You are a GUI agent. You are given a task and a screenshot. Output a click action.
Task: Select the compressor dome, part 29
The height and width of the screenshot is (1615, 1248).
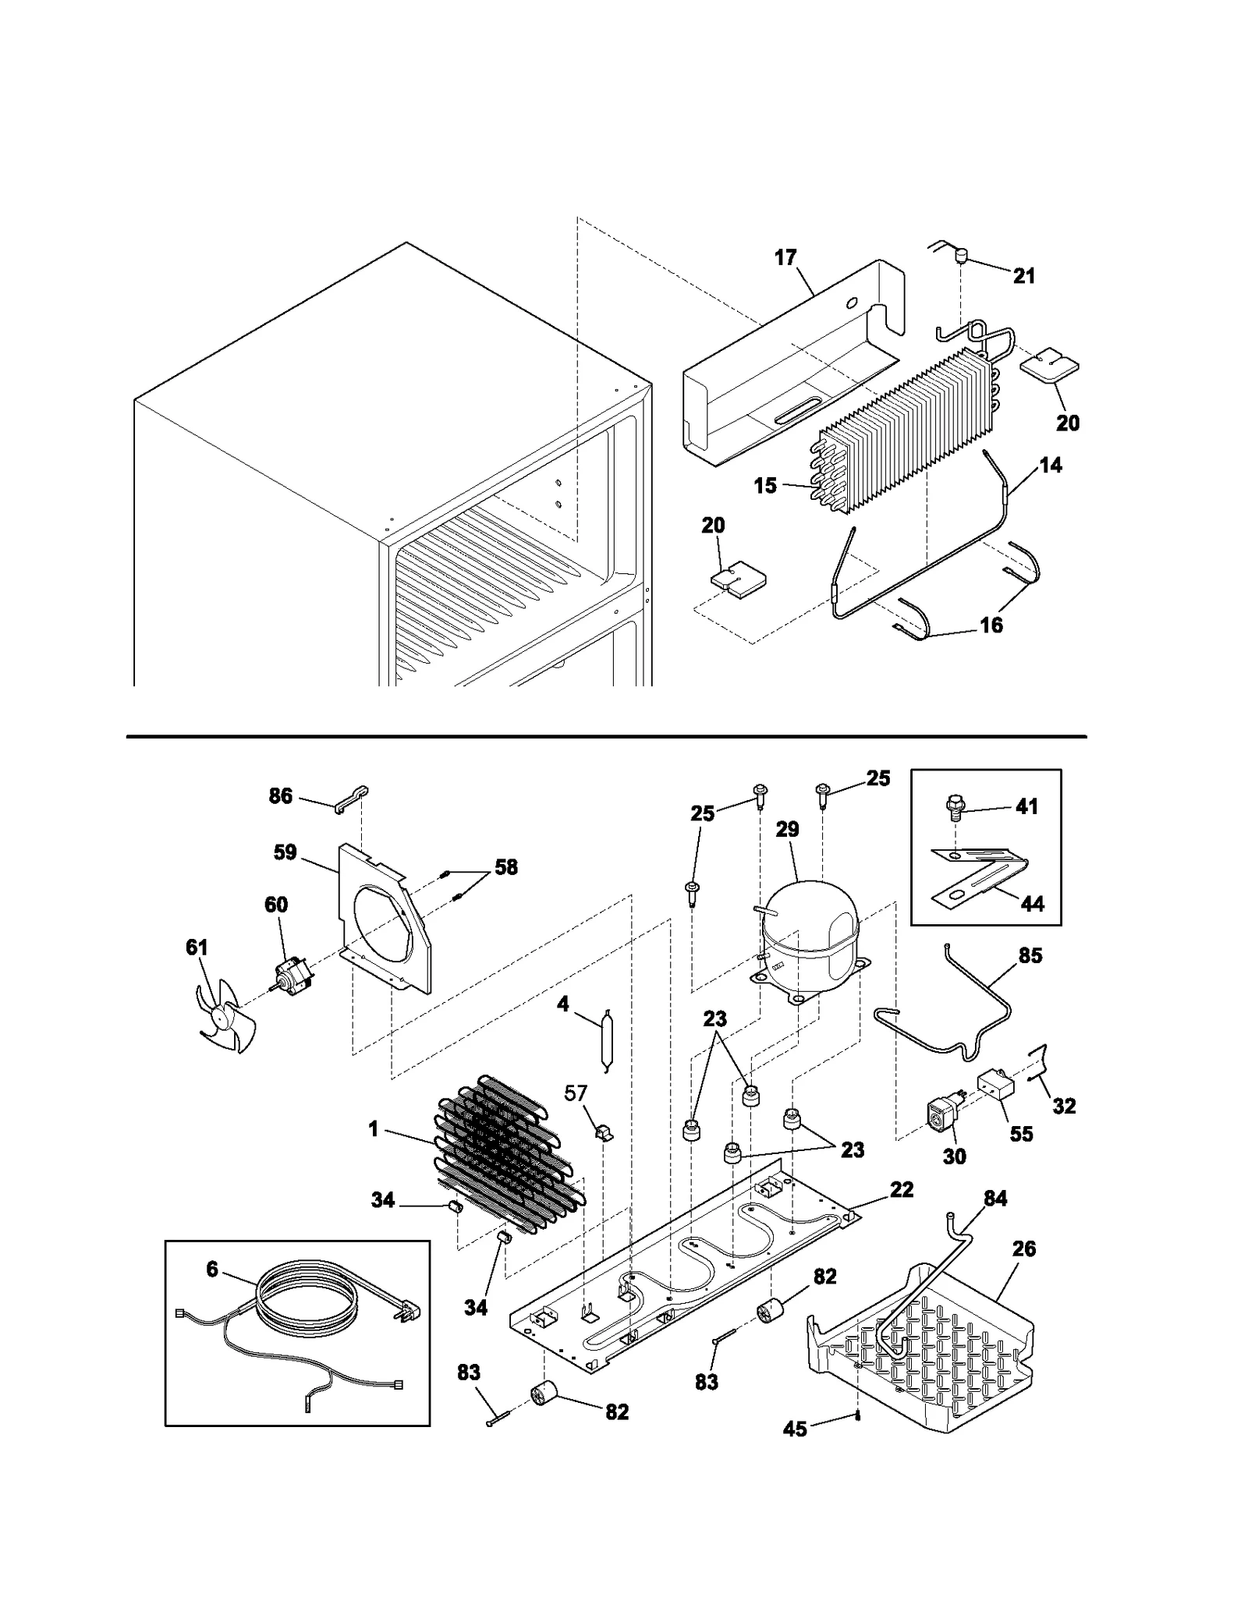coord(811,928)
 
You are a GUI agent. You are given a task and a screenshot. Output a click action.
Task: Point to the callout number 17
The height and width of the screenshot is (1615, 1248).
coord(785,257)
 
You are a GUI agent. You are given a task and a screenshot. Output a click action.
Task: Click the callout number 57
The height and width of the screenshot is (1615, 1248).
coord(576,1093)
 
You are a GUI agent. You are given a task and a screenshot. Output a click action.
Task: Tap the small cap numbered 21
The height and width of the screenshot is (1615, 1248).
coord(962,255)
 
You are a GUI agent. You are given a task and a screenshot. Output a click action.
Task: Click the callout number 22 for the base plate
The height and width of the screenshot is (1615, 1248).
coord(902,1189)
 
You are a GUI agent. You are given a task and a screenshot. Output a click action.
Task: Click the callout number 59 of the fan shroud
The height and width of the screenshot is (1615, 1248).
coord(285,852)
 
